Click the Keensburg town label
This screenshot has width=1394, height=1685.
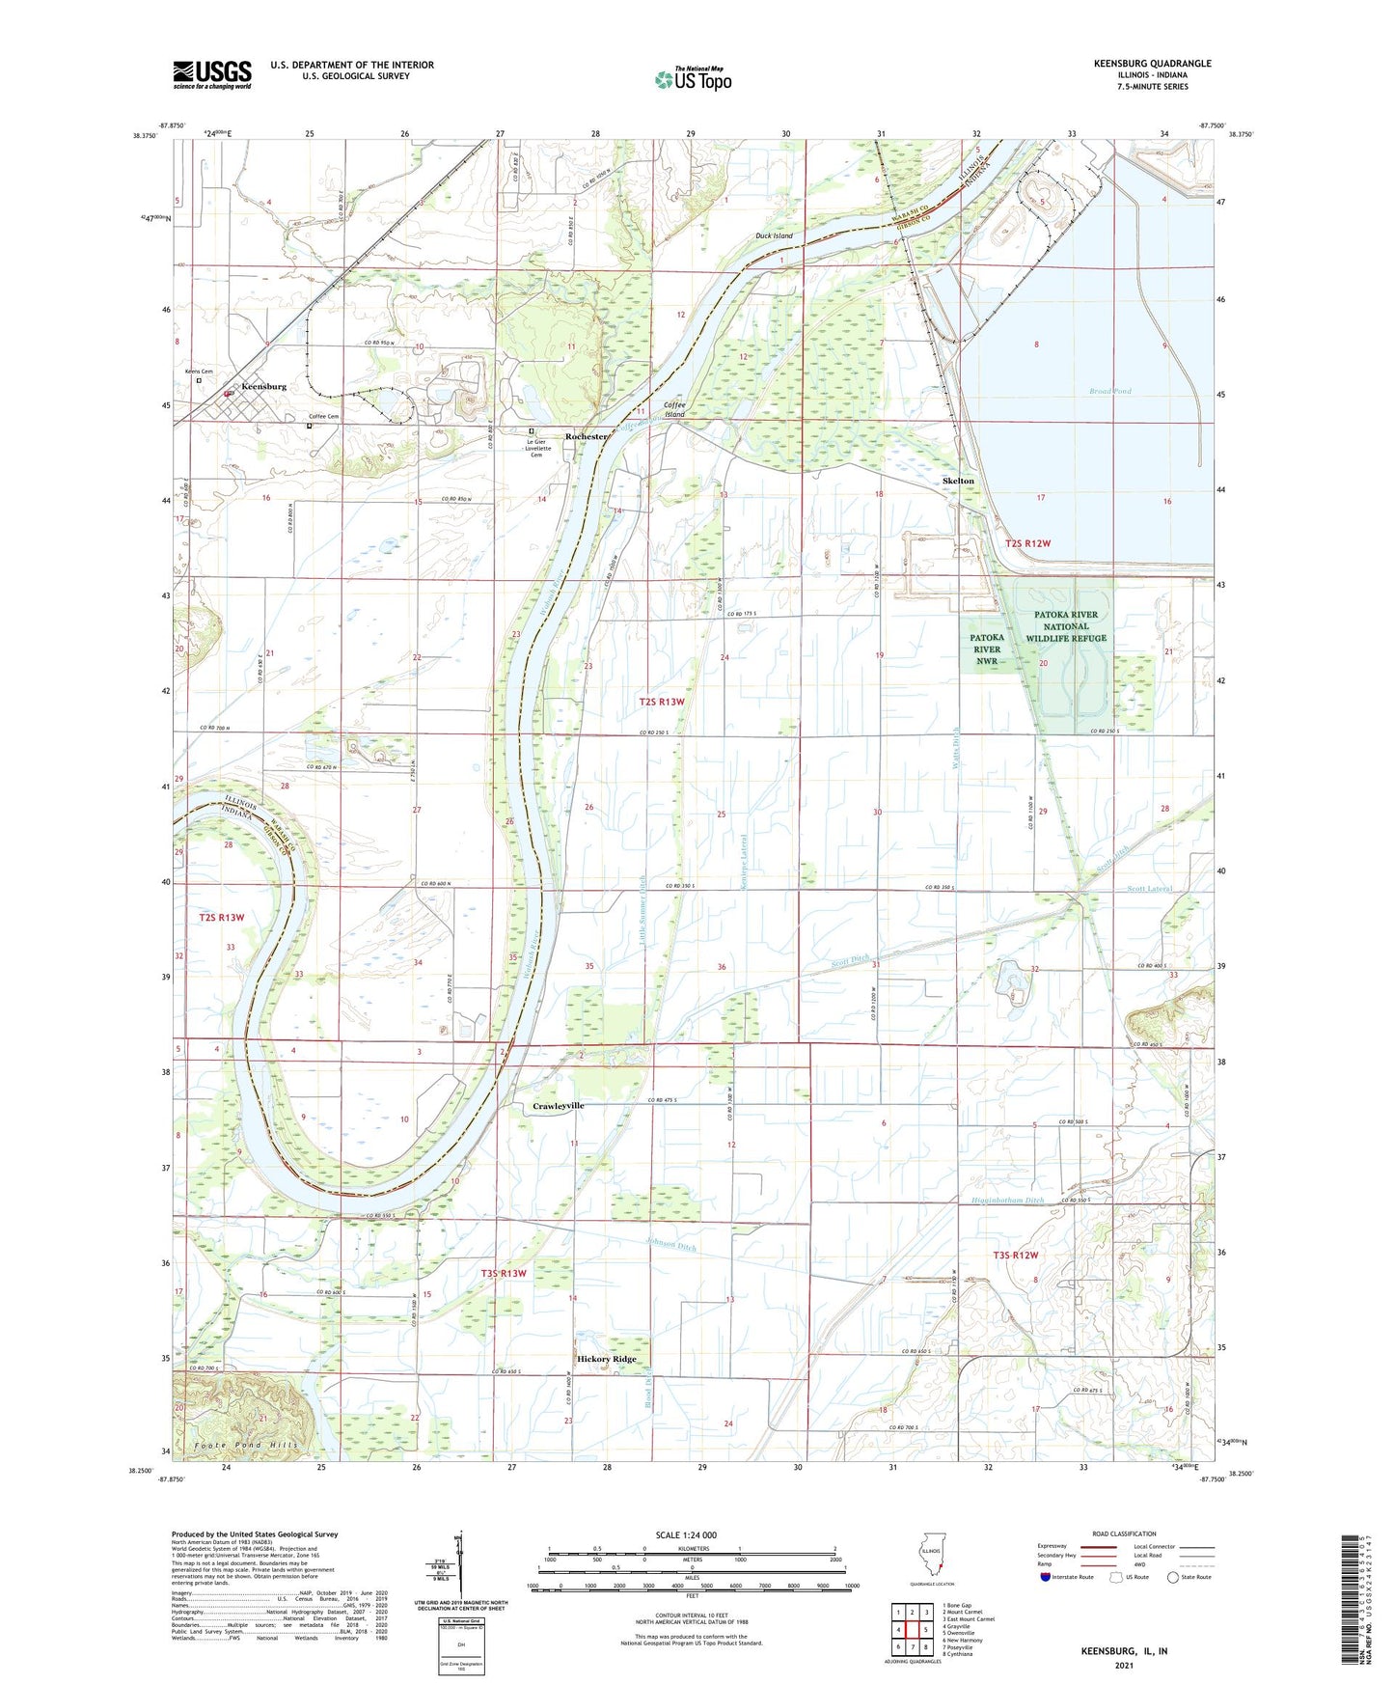(263, 386)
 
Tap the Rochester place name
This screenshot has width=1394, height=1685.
(587, 437)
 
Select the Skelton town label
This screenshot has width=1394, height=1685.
(958, 481)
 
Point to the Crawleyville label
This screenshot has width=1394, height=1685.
(559, 1106)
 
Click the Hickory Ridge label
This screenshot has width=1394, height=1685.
(607, 1359)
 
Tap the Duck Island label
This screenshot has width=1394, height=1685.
(774, 235)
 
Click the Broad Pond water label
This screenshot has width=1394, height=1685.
(1109, 391)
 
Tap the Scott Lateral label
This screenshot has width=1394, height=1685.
(1148, 889)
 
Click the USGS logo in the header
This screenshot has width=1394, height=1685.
(212, 74)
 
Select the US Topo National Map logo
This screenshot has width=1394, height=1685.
(693, 78)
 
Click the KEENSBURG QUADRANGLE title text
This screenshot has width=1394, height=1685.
(1152, 64)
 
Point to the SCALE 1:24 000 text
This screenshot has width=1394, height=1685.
(686, 1535)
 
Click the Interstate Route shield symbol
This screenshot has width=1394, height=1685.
(1046, 1577)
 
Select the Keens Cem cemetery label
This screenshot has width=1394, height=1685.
(199, 372)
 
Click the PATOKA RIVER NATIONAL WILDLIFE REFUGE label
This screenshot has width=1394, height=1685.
(1066, 626)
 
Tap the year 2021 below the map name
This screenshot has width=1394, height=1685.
(1124, 1665)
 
